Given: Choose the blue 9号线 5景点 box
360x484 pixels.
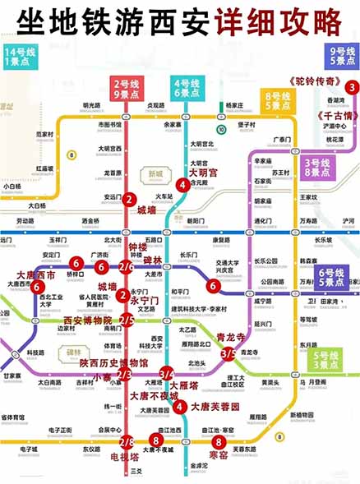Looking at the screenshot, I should pos(340,56).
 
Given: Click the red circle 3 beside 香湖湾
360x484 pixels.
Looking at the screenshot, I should pos(351,87).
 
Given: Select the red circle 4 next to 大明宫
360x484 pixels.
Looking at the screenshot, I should pos(182,185).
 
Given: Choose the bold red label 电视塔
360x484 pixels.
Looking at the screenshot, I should pos(124,457).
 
